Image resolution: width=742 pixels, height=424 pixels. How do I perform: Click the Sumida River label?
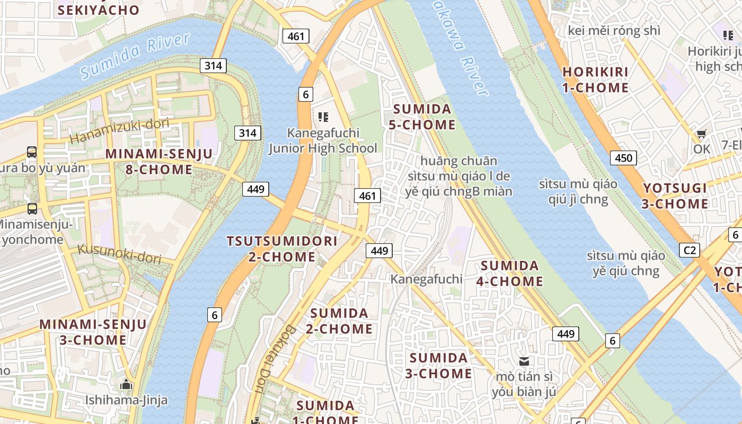click(x=135, y=56)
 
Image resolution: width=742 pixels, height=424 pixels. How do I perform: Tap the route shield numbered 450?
click(x=623, y=157)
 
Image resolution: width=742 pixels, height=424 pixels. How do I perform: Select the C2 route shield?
click(x=689, y=250)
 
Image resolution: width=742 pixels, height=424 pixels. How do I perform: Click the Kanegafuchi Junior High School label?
click(x=323, y=140)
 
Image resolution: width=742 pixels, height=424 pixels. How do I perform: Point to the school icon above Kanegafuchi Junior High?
click(x=323, y=117)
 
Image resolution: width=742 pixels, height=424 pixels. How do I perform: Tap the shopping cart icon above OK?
click(x=701, y=134)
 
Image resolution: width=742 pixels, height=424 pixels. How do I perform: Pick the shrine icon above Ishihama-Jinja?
click(x=126, y=384)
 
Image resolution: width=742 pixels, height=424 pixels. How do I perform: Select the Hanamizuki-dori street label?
click(x=119, y=131)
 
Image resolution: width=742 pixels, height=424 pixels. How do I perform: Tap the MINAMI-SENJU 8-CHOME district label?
click(x=159, y=162)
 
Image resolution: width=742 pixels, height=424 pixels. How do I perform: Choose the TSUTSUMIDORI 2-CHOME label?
click(x=282, y=249)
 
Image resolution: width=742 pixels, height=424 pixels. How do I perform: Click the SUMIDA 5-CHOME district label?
click(x=424, y=117)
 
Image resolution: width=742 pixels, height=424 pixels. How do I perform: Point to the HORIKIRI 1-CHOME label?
click(x=595, y=79)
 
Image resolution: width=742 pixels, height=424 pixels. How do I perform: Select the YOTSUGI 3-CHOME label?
click(x=675, y=196)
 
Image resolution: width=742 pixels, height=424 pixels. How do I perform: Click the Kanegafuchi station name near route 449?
click(x=426, y=279)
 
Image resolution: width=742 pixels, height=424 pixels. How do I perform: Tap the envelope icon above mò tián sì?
click(x=524, y=361)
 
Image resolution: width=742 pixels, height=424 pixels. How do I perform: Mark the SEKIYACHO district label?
click(x=99, y=10)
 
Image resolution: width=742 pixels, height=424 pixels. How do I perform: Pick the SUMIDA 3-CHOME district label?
click(x=438, y=365)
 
